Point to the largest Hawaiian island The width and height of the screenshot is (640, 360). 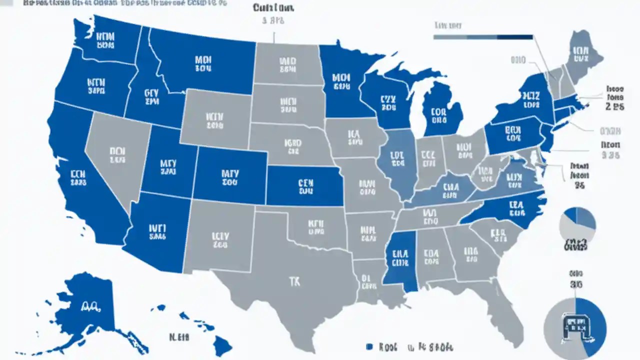tap(223, 345)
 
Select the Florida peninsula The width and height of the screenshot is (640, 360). tap(505, 315)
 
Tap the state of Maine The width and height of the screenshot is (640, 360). tap(580, 55)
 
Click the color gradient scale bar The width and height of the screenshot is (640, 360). tap(482, 36)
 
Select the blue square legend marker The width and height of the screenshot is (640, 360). tap(369, 346)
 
